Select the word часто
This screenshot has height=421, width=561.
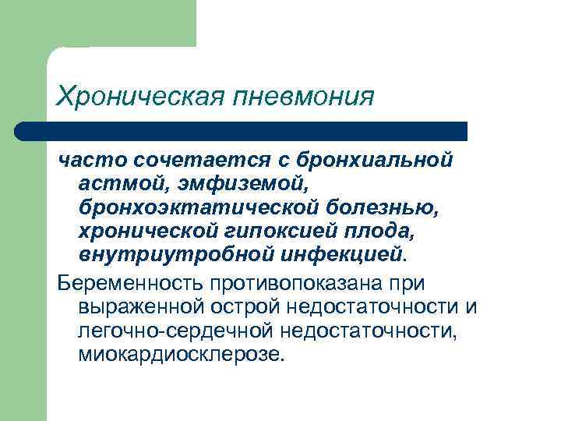[91, 160]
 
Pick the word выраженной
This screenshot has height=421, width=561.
[145, 306]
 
